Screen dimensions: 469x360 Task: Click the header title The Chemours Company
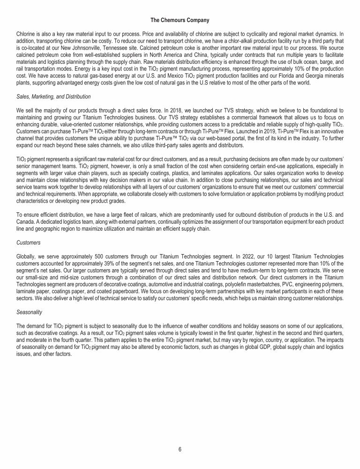pyautogui.click(x=180, y=20)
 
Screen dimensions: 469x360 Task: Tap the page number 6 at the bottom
pyautogui.click(x=180, y=449)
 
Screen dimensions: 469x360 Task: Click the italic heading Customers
pyautogui.click(x=29, y=243)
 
